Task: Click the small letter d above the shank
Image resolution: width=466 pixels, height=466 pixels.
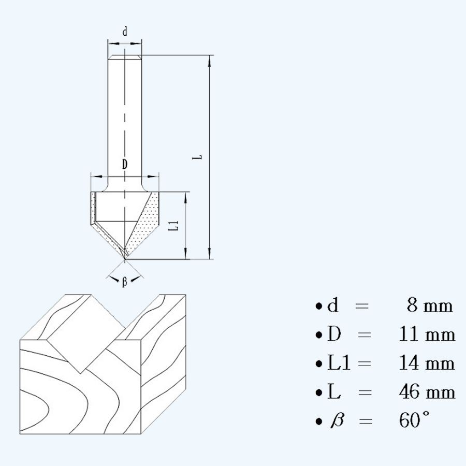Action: pyautogui.click(x=124, y=32)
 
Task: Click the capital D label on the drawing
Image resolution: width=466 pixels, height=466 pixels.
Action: pyautogui.click(x=124, y=165)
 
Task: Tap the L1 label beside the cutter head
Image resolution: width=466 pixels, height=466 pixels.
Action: pyautogui.click(x=176, y=225)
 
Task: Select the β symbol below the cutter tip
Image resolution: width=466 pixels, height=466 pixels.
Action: pyautogui.click(x=124, y=282)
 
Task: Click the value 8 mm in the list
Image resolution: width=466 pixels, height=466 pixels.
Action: pyautogui.click(x=429, y=306)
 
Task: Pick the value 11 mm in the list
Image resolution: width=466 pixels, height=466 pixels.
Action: pyautogui.click(x=427, y=334)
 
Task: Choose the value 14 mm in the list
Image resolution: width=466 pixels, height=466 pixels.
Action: pyautogui.click(x=427, y=363)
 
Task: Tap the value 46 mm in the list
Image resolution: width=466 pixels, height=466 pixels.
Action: pyautogui.click(x=427, y=392)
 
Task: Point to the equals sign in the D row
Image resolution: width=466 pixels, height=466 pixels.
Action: pyautogui.click(x=365, y=335)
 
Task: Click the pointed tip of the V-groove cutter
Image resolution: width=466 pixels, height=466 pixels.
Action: pyautogui.click(x=125, y=258)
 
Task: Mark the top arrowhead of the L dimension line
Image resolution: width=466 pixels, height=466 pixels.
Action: pyautogui.click(x=210, y=60)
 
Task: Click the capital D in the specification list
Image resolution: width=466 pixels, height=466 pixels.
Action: pyautogui.click(x=334, y=335)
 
